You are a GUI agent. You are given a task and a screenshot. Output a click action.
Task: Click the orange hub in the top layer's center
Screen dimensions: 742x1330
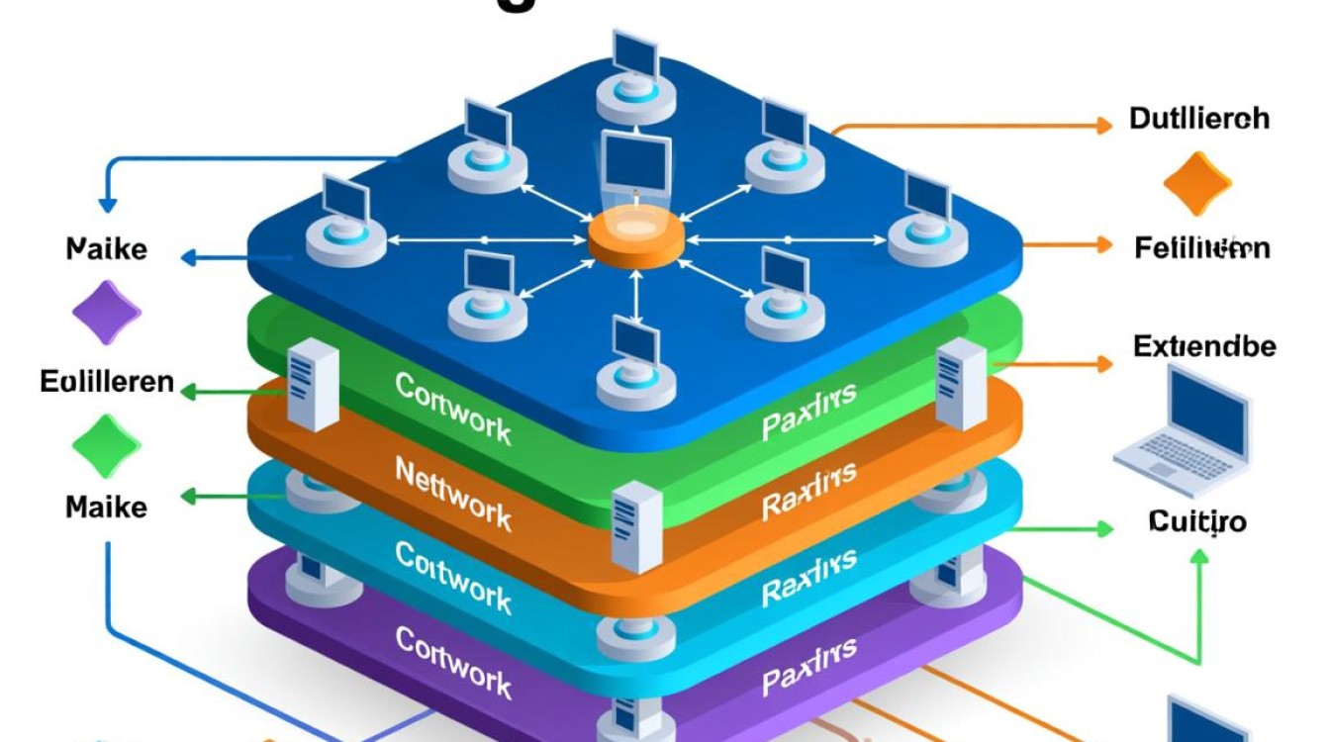636,238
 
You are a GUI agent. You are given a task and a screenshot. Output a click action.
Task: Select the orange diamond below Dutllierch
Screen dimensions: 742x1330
1196,184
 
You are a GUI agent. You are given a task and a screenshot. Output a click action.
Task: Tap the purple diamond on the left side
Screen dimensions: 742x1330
107,313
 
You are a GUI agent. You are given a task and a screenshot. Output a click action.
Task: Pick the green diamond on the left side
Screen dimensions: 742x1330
107,445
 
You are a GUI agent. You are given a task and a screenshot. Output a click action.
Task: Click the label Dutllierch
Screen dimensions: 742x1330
1199,119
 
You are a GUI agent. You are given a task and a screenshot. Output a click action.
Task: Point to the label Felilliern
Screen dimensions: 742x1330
1201,246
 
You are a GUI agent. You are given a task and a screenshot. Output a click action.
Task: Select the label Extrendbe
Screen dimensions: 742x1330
1203,346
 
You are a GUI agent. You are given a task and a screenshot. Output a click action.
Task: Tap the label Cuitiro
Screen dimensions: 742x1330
1197,520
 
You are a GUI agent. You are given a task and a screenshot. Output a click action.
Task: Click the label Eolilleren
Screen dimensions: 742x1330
107,381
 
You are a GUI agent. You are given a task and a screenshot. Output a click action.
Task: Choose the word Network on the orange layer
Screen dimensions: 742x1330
452,493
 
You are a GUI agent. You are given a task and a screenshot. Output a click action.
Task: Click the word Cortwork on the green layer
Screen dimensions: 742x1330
452,406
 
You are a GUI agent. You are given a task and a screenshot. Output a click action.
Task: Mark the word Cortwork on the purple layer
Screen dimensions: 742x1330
452,661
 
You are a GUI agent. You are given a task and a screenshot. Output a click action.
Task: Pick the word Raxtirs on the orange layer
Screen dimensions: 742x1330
808,491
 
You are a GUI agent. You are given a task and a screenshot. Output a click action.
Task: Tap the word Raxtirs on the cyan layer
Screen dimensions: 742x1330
808,577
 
